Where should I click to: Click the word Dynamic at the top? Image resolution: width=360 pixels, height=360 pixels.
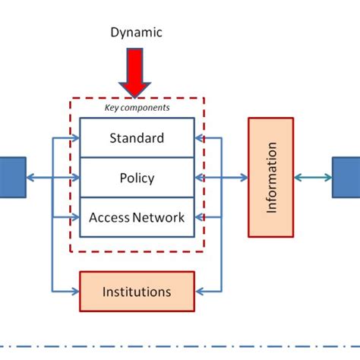pos(137,32)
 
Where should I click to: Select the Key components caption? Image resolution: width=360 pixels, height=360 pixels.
pos(137,108)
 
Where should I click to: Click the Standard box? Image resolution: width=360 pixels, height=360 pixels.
pos(137,138)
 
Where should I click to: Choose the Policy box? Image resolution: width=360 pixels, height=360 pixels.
pos(137,178)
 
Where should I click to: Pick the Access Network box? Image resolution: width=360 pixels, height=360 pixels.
pos(137,217)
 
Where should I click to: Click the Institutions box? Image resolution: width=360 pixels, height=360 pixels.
pos(137,292)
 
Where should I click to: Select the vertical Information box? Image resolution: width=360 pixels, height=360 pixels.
pos(270,177)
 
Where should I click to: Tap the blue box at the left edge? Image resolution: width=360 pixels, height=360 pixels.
pos(12,178)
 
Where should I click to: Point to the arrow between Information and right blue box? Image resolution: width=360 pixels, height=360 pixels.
pos(313,178)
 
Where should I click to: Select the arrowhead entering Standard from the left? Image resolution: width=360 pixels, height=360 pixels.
pos(75,138)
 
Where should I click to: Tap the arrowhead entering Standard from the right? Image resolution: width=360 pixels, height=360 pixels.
pos(199,138)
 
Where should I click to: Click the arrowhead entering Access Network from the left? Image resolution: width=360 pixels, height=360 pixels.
pos(75,217)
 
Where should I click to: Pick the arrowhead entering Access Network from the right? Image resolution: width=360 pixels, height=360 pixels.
pos(199,217)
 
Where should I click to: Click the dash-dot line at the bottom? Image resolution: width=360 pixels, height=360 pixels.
pos(180,343)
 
